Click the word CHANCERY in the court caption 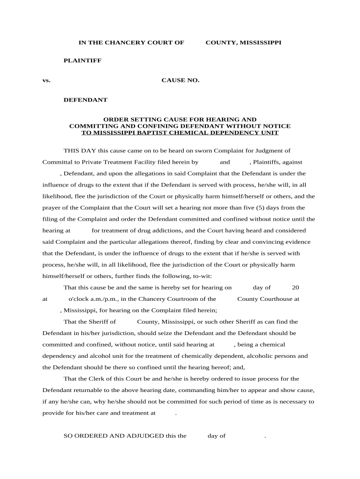coord(123,43)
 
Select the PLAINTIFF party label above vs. coord(82,61)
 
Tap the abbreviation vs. coord(46,80)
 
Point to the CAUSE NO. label coord(180,80)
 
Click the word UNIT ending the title coord(270,133)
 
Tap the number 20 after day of coord(295,288)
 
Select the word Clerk coord(97,379)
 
